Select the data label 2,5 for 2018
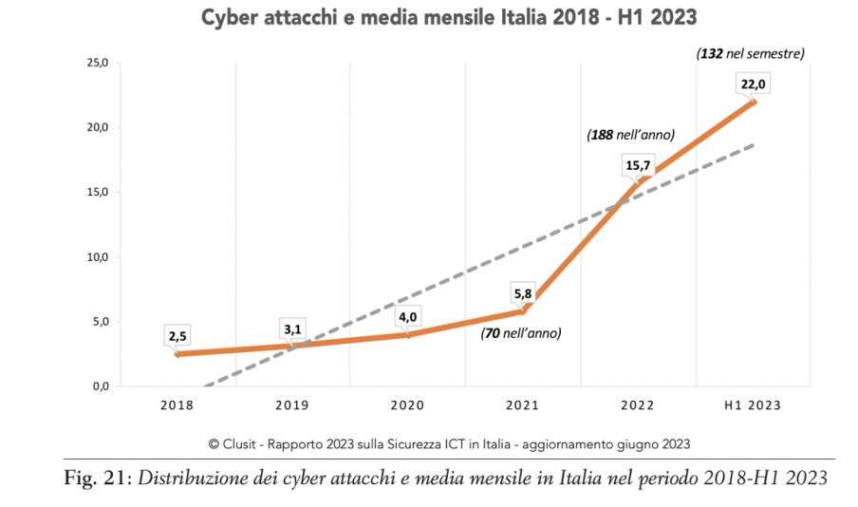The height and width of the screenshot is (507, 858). (x=177, y=336)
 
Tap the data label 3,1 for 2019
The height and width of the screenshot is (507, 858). (x=292, y=329)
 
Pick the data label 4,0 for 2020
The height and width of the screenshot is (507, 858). (x=408, y=318)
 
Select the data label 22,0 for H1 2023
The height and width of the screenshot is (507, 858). (x=754, y=84)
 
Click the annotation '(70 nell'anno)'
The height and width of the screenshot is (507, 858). (x=521, y=333)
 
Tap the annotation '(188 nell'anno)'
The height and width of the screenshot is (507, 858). (x=630, y=135)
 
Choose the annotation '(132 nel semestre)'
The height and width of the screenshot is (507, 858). (x=750, y=54)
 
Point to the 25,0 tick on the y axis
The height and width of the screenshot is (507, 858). (x=98, y=63)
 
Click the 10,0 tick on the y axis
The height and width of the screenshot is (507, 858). (x=98, y=256)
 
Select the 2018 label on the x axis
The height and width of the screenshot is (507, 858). (x=177, y=405)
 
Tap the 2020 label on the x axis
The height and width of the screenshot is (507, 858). (x=407, y=405)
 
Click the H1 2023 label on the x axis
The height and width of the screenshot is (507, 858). (x=752, y=405)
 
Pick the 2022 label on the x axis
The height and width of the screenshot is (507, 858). (x=637, y=405)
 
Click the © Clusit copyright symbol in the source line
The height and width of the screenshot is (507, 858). (x=214, y=442)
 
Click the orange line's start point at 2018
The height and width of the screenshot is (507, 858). (x=177, y=354)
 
